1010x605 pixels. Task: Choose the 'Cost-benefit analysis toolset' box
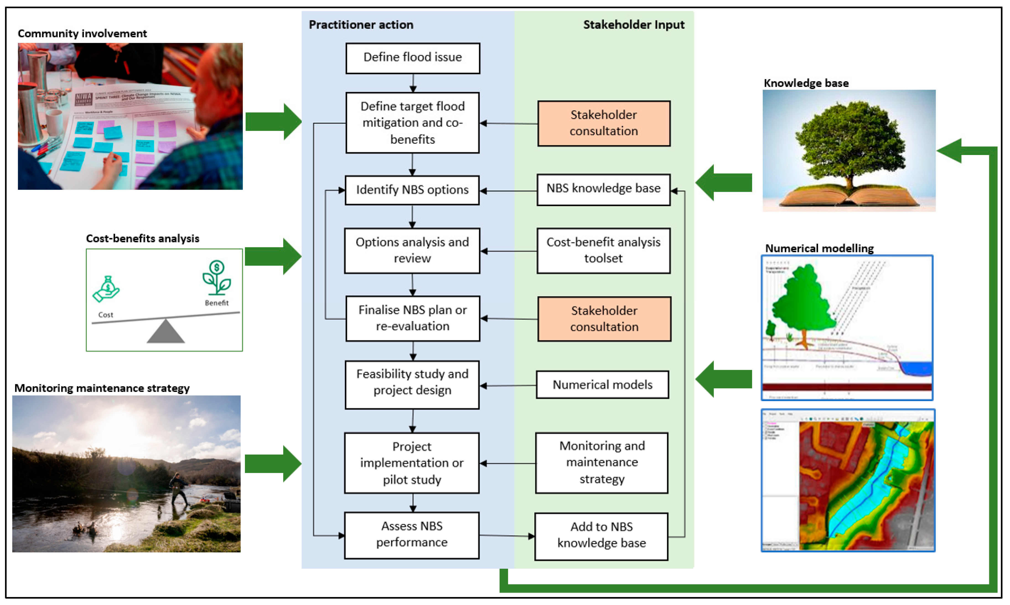pyautogui.click(x=603, y=250)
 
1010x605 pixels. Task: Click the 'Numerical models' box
pyautogui.click(x=602, y=384)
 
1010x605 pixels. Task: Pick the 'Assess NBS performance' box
pyautogui.click(x=412, y=535)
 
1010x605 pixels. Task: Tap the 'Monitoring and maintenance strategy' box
pyautogui.click(x=601, y=462)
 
